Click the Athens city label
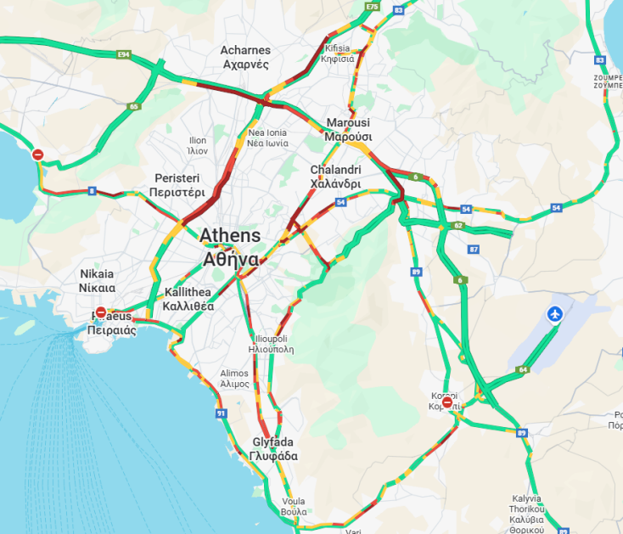(230, 245)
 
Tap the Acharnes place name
(245, 57)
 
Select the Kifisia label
(338, 53)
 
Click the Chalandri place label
(335, 177)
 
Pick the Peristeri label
(177, 185)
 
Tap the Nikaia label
(97, 281)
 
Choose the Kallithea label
(188, 299)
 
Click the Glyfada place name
(273, 449)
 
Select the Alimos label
(234, 379)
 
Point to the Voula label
(293, 507)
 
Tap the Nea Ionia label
(267, 138)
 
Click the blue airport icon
(556, 315)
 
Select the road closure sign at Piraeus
(101, 312)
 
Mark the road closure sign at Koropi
(447, 402)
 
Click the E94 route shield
(124, 54)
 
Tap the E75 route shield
(371, 7)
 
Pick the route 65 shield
(133, 107)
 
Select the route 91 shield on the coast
(222, 413)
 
